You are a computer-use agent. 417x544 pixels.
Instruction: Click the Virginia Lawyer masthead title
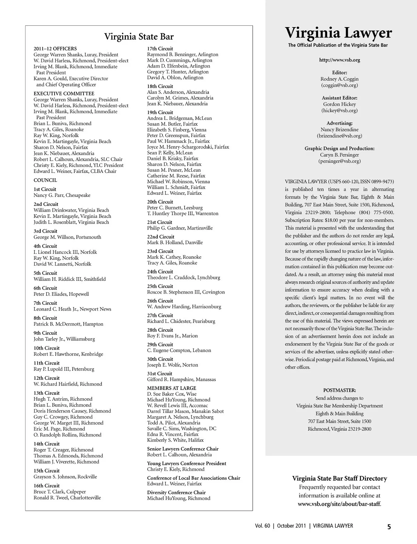pos(338,33)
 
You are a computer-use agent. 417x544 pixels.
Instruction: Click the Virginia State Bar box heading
pos(139,37)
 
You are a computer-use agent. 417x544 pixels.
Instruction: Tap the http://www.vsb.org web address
pos(340,60)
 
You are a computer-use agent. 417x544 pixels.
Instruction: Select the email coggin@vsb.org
pos(340,85)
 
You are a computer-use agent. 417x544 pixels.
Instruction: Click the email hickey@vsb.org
pos(340,111)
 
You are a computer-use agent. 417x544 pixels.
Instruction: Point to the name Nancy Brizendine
pos(340,130)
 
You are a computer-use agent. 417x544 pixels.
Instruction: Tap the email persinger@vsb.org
pos(340,161)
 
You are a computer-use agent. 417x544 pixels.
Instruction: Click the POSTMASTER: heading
pos(340,390)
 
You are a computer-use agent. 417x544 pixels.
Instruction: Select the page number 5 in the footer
pos(389,527)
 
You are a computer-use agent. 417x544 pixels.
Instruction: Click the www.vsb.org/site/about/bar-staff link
pos(339,504)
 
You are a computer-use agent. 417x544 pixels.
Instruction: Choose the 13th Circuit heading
pos(47,393)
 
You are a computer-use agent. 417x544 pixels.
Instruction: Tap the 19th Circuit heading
pos(160,112)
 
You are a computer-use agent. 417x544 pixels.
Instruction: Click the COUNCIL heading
pos(45,180)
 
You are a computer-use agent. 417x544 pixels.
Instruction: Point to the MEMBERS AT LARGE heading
pos(171,388)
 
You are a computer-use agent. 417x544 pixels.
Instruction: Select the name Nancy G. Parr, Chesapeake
pos(62,195)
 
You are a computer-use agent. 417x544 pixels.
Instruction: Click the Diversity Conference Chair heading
pos(176,493)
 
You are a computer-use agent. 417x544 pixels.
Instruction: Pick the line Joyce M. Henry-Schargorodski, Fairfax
pos(188,147)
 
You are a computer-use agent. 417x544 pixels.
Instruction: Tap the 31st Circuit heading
pos(160,374)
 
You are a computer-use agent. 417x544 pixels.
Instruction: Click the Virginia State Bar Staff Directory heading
pos(340,479)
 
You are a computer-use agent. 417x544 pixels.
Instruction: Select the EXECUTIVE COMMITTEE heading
pos(64,94)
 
